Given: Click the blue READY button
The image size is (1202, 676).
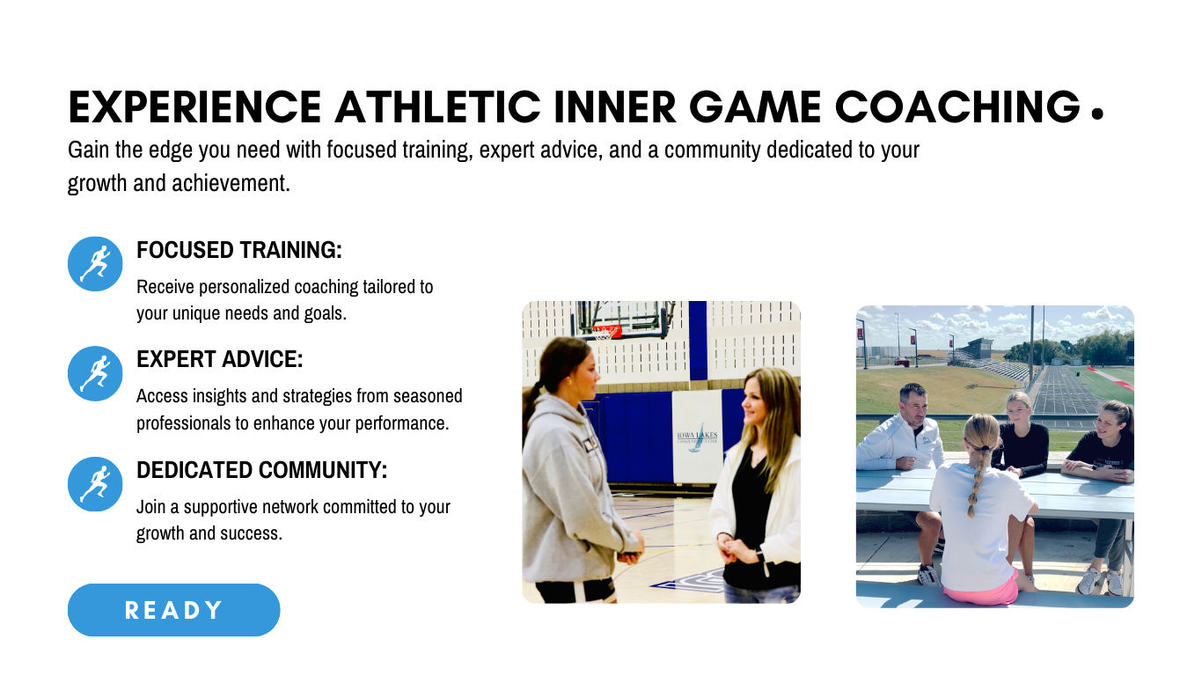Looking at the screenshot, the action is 174,610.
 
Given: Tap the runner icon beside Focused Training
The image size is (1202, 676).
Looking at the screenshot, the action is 95,264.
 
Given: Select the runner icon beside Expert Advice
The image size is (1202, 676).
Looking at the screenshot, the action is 95,374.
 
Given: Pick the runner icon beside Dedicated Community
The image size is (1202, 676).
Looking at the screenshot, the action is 95,484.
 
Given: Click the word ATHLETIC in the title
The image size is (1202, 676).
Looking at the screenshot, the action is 438,107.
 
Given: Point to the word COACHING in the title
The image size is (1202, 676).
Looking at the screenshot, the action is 958,107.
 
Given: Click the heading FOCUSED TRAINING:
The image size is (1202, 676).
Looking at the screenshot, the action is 239,250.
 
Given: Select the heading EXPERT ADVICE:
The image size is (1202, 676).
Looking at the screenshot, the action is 219,359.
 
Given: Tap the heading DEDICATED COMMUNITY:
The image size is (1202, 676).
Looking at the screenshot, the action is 262,470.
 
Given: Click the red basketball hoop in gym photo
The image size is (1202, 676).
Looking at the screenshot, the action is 606,331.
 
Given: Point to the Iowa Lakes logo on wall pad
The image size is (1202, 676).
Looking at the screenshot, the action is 697,437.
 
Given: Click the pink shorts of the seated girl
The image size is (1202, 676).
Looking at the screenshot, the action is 981,589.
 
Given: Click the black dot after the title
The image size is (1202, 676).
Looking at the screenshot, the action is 1098,114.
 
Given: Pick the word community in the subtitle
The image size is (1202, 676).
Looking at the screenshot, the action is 712,151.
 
